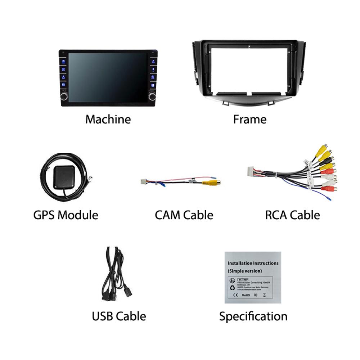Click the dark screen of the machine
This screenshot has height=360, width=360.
pos(108,77)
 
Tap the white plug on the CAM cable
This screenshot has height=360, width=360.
pos(144,181)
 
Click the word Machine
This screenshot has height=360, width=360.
pos(108,119)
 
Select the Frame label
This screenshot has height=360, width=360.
pos(250,119)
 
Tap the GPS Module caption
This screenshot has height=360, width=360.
pos(66,215)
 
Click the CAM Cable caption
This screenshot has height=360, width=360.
pos(184,215)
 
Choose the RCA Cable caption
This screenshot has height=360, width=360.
pos(292,215)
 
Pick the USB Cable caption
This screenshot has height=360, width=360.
pos(119,316)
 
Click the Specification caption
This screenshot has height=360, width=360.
pos(253,316)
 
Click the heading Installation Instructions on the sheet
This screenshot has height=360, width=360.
pos(253,263)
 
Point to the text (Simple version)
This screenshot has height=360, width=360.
pos(245,271)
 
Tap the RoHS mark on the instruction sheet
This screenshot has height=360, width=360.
pos(246,295)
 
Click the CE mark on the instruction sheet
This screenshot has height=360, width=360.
pos(236,295)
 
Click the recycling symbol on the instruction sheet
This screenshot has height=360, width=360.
pos(232,287)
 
